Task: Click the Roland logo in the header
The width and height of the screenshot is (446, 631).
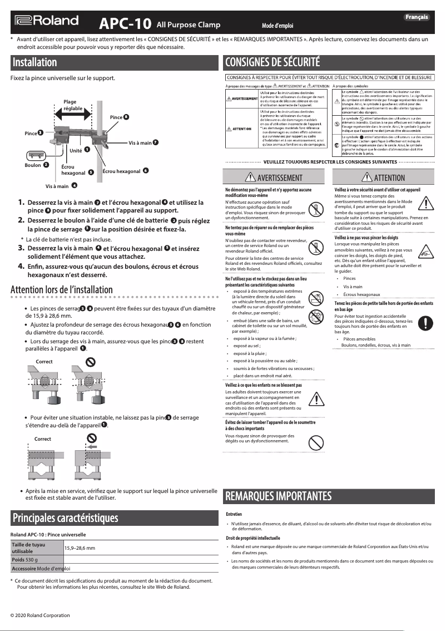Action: [47, 21]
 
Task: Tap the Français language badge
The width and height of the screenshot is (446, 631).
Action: [416, 17]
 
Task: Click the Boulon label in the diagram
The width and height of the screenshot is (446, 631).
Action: [33, 165]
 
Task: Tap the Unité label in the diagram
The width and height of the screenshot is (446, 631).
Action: [76, 151]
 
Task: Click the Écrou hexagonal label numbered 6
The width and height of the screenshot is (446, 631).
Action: [121, 171]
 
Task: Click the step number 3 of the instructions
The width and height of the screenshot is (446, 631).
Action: [21, 248]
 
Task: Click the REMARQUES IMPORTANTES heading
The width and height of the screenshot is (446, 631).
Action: [279, 496]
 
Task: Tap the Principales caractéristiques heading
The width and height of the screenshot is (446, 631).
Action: [66, 518]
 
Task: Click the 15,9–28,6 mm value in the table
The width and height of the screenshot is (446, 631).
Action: [80, 548]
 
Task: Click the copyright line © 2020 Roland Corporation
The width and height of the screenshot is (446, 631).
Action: [40, 615]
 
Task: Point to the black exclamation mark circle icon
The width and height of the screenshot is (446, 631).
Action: [424, 322]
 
